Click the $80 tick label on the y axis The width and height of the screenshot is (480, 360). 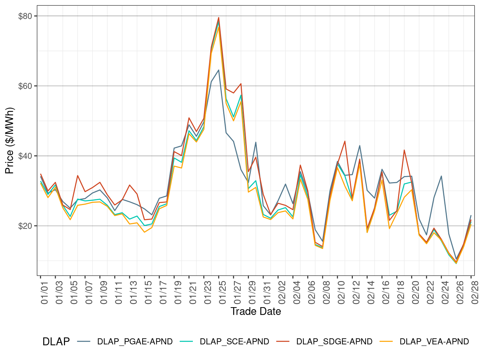click(25, 16)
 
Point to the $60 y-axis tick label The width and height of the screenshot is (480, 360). click(25, 86)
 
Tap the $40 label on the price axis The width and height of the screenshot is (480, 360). click(25, 156)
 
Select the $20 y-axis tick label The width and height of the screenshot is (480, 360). click(25, 226)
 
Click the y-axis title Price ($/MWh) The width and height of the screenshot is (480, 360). click(10, 140)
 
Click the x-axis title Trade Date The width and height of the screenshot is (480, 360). click(256, 311)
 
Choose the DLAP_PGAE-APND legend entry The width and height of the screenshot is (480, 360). click(135, 342)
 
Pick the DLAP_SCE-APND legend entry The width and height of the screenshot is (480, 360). click(234, 342)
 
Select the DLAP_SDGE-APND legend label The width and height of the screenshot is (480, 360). click(334, 342)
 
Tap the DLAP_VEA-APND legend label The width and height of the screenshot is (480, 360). click(434, 342)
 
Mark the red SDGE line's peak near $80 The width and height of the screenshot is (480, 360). click(219, 17)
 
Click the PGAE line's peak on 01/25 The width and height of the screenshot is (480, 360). click(219, 70)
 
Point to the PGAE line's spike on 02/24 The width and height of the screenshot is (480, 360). click(441, 176)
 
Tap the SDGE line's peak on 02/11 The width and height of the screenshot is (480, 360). click(345, 141)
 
